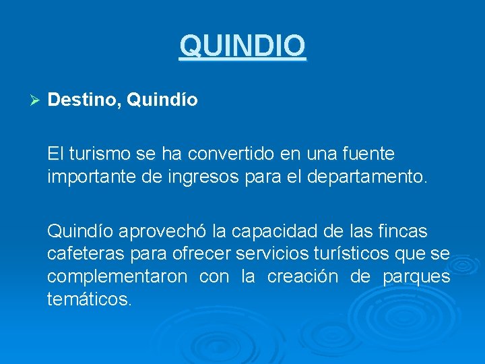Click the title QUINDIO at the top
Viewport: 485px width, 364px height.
point(243,46)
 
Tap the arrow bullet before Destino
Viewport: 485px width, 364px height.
point(37,100)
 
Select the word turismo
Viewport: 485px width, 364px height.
point(98,154)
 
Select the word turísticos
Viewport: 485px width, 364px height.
point(360,255)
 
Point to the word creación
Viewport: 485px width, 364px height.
point(302,277)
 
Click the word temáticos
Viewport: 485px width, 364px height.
point(89,299)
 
